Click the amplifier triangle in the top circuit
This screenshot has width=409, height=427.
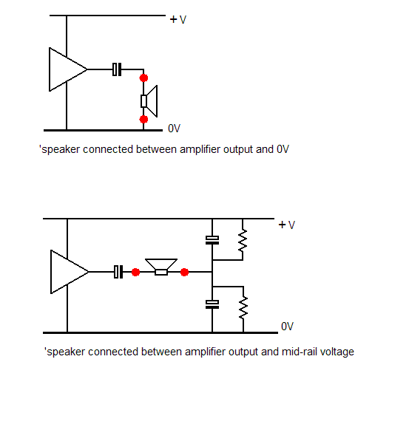click(65, 70)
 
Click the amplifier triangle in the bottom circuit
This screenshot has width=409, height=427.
click(67, 272)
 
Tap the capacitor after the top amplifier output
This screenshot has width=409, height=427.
click(116, 70)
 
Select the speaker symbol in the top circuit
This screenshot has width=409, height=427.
click(149, 99)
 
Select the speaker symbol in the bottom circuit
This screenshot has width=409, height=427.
click(160, 267)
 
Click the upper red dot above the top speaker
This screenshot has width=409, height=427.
click(143, 78)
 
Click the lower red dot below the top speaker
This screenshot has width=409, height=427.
click(143, 119)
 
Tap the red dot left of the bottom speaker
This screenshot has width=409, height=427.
click(135, 272)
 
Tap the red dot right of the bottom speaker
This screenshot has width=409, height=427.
click(184, 272)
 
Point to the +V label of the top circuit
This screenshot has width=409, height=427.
click(178, 19)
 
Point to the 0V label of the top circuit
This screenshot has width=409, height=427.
click(175, 129)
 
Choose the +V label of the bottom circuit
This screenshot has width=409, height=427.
click(287, 225)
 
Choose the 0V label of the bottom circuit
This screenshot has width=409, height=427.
click(288, 327)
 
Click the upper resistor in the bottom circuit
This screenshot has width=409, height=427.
click(243, 241)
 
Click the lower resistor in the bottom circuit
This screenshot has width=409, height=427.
click(243, 305)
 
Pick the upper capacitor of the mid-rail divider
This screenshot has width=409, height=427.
click(212, 239)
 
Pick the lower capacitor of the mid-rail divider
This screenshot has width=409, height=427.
click(212, 304)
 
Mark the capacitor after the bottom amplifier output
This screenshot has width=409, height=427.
click(118, 272)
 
